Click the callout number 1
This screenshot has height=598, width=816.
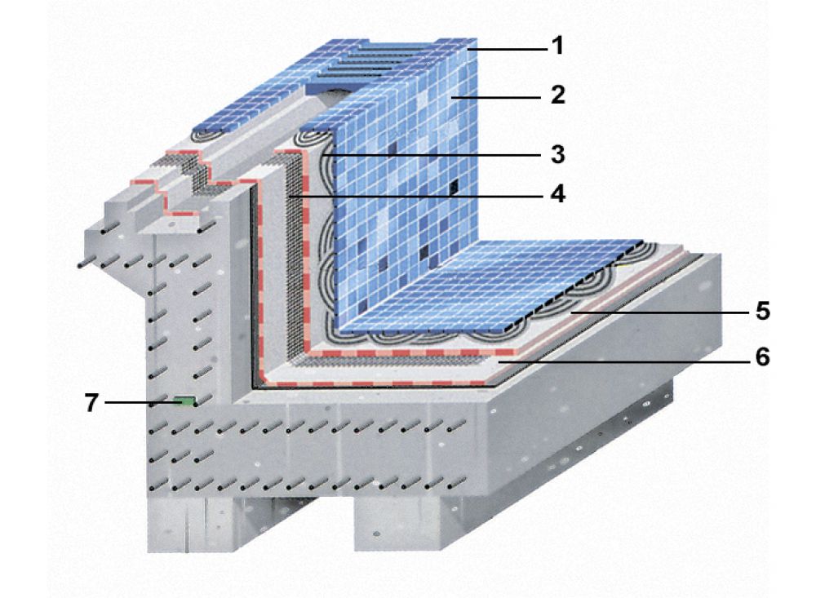[558, 46]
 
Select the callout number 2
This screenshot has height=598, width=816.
[558, 95]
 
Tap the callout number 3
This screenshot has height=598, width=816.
[558, 154]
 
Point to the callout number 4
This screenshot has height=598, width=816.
[558, 194]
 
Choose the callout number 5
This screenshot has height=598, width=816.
[763, 311]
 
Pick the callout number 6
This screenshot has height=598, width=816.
[763, 357]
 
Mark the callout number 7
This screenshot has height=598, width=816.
[91, 402]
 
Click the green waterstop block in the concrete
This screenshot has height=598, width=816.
[184, 401]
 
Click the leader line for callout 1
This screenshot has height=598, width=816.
[508, 49]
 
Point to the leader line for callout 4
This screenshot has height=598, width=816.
[419, 197]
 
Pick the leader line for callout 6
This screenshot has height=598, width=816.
[623, 360]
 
